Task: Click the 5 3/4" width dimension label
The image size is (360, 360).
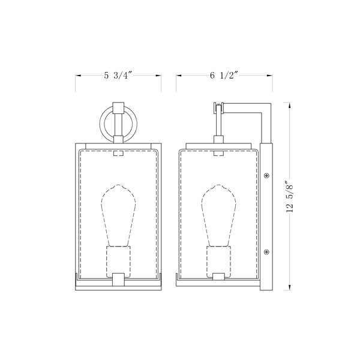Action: (x=118, y=76)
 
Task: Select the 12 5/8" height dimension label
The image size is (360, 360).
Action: (x=290, y=197)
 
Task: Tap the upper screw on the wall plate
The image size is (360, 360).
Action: (x=266, y=176)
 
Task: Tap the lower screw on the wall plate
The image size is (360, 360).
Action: (x=266, y=252)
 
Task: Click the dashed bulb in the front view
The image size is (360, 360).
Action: (x=118, y=215)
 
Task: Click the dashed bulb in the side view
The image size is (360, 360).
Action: (x=218, y=215)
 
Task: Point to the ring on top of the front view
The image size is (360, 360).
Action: (x=101, y=124)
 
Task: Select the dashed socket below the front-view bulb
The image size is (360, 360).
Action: (x=118, y=262)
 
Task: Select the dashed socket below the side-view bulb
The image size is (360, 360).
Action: (x=219, y=262)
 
